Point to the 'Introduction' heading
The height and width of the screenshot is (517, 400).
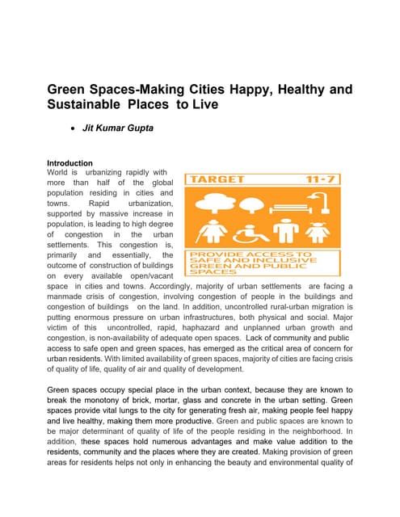(69, 163)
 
